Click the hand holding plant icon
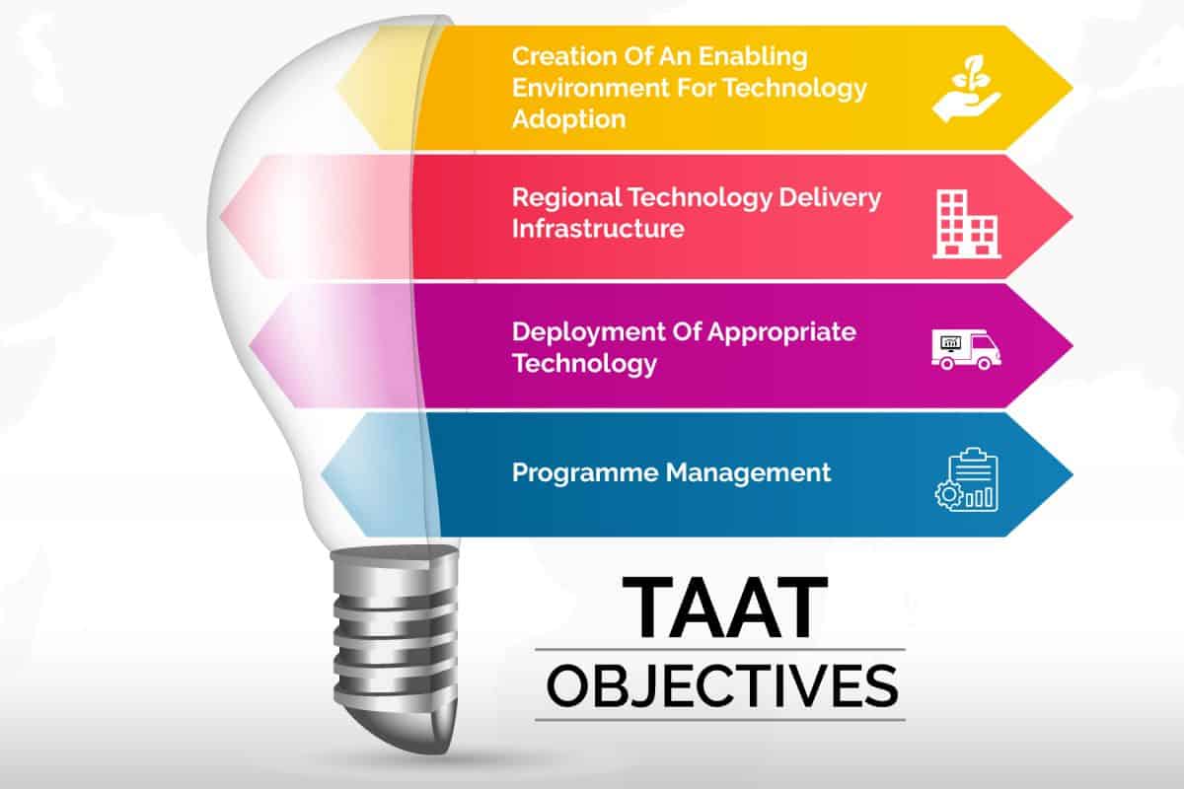tap(967, 88)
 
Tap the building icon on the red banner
tap(967, 224)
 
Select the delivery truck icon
tap(966, 349)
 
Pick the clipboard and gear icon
tap(967, 479)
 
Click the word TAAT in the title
tap(725, 608)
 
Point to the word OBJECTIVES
tap(722, 686)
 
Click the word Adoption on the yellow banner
tap(569, 119)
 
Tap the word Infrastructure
tap(598, 229)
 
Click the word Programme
tap(585, 473)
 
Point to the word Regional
tap(567, 198)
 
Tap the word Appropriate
tap(781, 333)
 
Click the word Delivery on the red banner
tap(830, 198)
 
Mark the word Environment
tap(591, 88)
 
